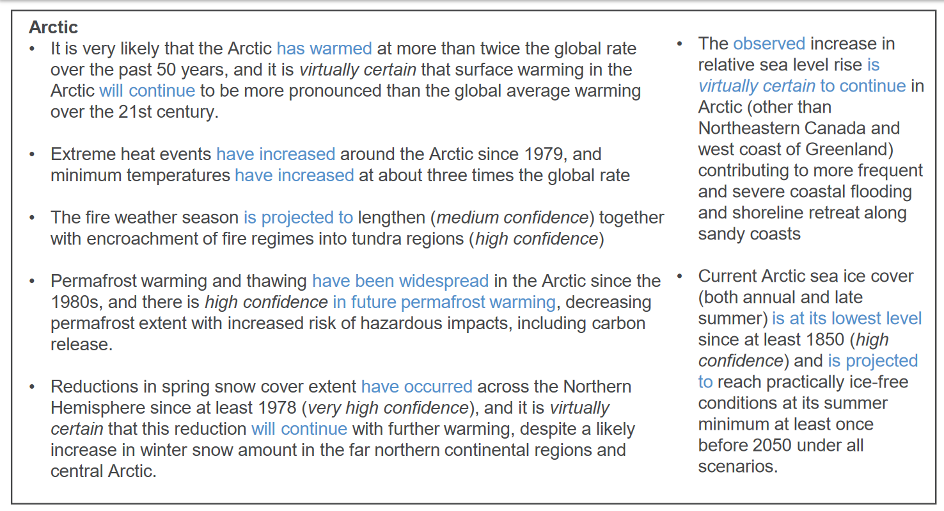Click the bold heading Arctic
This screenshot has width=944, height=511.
53,28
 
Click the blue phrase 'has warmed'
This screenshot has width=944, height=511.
324,49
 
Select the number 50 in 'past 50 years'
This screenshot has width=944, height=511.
166,70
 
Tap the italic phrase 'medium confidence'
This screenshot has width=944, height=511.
512,218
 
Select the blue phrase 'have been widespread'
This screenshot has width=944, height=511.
400,281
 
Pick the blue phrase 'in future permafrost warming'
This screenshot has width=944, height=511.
444,302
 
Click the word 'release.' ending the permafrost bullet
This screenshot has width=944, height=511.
82,345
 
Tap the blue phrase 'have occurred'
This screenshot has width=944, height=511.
417,387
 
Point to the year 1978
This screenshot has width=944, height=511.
277,408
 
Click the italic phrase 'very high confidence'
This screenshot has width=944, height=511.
388,408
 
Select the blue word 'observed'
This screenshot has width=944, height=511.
769,44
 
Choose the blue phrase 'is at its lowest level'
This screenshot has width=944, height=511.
847,319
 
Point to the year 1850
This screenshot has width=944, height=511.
825,339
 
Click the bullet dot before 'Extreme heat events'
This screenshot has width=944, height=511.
32,154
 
